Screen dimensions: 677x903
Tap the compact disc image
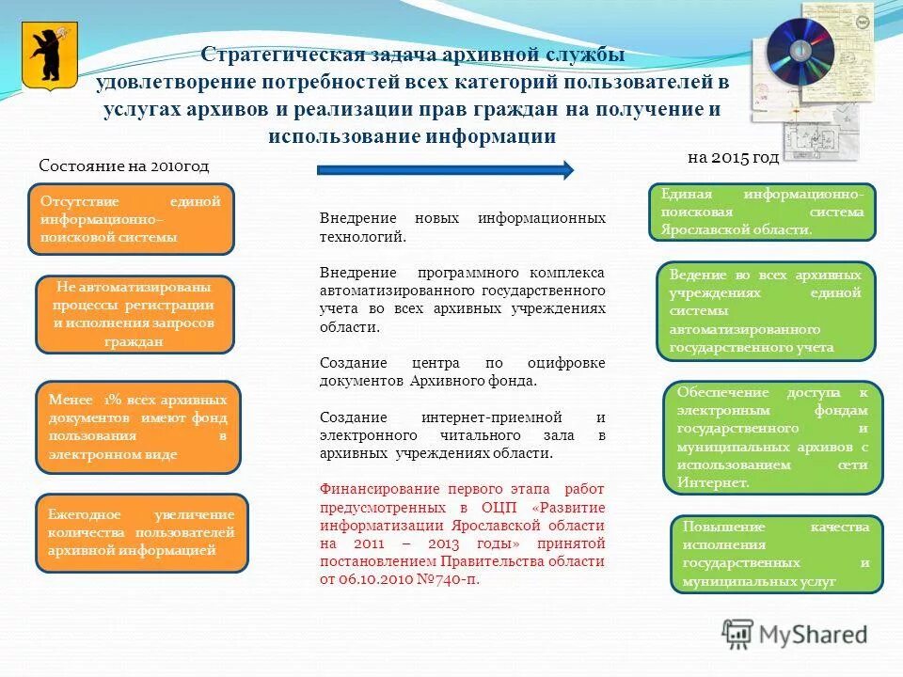pyautogui.click(x=799, y=48)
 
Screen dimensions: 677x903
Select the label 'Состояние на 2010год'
pyautogui.click(x=124, y=165)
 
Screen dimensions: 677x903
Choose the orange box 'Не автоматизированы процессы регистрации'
pyautogui.click(x=134, y=314)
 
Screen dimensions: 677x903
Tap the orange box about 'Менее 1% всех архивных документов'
pyautogui.click(x=137, y=426)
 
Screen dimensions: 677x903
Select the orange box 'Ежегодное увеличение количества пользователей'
pyautogui.click(x=141, y=532)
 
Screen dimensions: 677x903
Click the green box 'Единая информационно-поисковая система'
pyautogui.click(x=762, y=212)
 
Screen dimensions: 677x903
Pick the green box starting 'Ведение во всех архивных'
pyautogui.click(x=765, y=311)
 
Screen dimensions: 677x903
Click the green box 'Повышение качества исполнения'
pyautogui.click(x=776, y=554)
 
